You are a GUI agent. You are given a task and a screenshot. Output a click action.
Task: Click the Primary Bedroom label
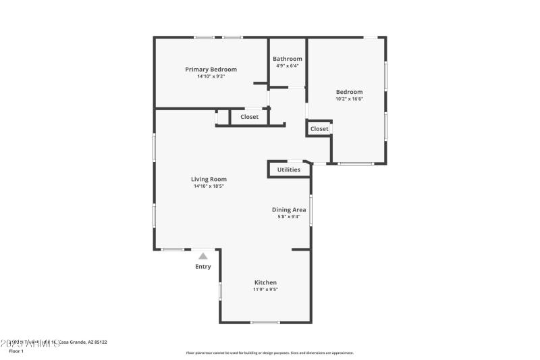[211, 69]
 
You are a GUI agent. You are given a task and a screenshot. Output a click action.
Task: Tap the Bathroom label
[287, 59]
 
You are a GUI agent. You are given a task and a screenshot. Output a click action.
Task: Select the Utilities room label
[289, 170]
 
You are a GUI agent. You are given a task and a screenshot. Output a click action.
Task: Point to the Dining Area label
[289, 210]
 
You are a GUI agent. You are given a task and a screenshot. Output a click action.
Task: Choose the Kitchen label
[265, 282]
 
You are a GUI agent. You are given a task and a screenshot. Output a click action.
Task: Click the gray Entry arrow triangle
[203, 256]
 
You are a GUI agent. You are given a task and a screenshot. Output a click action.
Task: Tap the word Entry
[203, 267]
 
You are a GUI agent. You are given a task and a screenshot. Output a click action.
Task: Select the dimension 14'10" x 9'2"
[211, 76]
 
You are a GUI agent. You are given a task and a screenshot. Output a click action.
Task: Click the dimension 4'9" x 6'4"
[287, 66]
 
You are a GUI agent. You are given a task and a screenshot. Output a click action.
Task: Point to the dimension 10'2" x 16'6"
[350, 99]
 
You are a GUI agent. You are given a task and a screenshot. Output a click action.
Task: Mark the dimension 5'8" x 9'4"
[289, 217]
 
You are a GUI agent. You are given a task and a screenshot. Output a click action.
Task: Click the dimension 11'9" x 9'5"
[265, 290]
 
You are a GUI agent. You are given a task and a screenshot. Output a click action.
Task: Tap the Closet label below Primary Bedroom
[250, 117]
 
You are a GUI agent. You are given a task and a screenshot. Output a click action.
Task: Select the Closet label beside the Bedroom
[319, 128]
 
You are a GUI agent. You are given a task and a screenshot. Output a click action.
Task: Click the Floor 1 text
[16, 351]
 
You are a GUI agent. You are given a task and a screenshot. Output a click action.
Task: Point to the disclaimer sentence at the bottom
[269, 353]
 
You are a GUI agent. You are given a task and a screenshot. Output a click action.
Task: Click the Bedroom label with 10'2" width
[350, 92]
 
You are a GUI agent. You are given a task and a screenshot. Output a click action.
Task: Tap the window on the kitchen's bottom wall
[265, 322]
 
